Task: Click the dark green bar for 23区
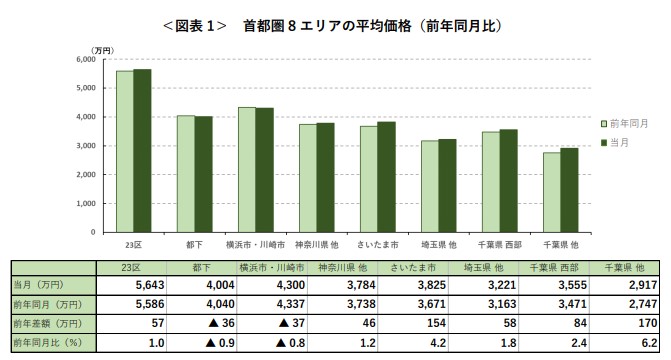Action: point(142,150)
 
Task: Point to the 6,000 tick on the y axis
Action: point(83,60)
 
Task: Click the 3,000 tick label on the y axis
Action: point(83,146)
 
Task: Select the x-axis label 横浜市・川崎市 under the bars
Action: point(264,244)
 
